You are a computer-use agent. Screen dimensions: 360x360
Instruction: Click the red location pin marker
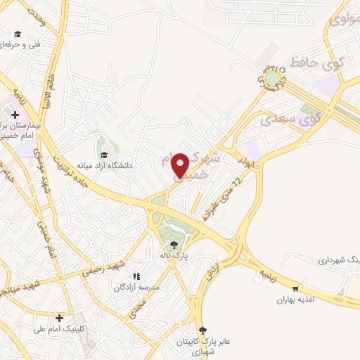pyautogui.click(x=181, y=165)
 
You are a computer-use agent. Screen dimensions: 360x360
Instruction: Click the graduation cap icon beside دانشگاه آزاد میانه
pyautogui.click(x=105, y=155)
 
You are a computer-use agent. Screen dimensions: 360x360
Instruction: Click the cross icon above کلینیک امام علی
pyautogui.click(x=60, y=318)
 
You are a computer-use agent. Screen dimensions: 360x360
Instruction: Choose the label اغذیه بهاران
pyautogui.click(x=295, y=300)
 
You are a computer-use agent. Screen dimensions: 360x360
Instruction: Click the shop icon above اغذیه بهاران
pyautogui.click(x=295, y=289)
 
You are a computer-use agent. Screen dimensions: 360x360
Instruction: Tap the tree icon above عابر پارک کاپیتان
pyautogui.click(x=203, y=330)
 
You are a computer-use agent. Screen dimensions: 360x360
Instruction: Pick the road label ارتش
pyautogui.click(x=209, y=274)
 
